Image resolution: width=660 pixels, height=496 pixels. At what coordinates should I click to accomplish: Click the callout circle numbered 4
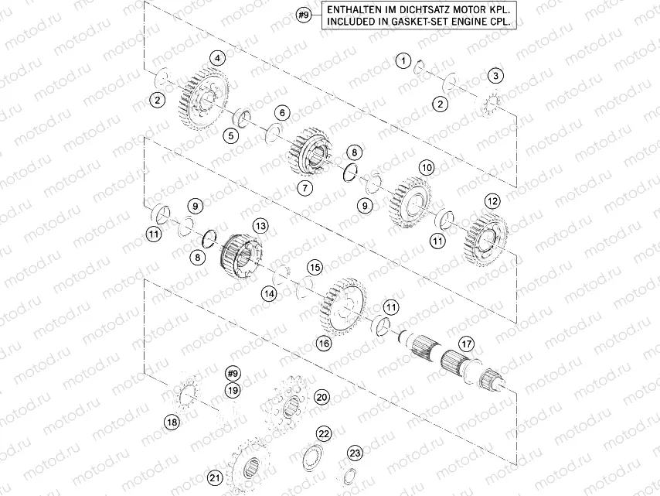click(x=219, y=58)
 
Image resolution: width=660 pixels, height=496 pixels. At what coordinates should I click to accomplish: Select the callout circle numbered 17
click(x=465, y=343)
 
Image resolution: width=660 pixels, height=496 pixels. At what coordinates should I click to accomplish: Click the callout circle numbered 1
click(x=403, y=60)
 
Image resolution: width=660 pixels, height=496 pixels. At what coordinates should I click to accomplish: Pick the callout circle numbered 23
click(x=355, y=453)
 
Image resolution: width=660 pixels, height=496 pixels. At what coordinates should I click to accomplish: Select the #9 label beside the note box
click(x=304, y=15)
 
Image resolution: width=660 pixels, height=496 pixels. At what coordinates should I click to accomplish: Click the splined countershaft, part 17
click(x=448, y=360)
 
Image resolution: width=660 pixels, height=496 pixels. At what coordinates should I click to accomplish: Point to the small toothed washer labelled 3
click(x=488, y=104)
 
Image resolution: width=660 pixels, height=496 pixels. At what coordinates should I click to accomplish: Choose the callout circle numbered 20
click(x=321, y=396)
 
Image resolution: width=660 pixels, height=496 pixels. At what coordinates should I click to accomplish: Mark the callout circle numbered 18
click(x=172, y=422)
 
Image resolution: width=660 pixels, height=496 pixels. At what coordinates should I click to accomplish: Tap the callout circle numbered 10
click(x=427, y=167)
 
